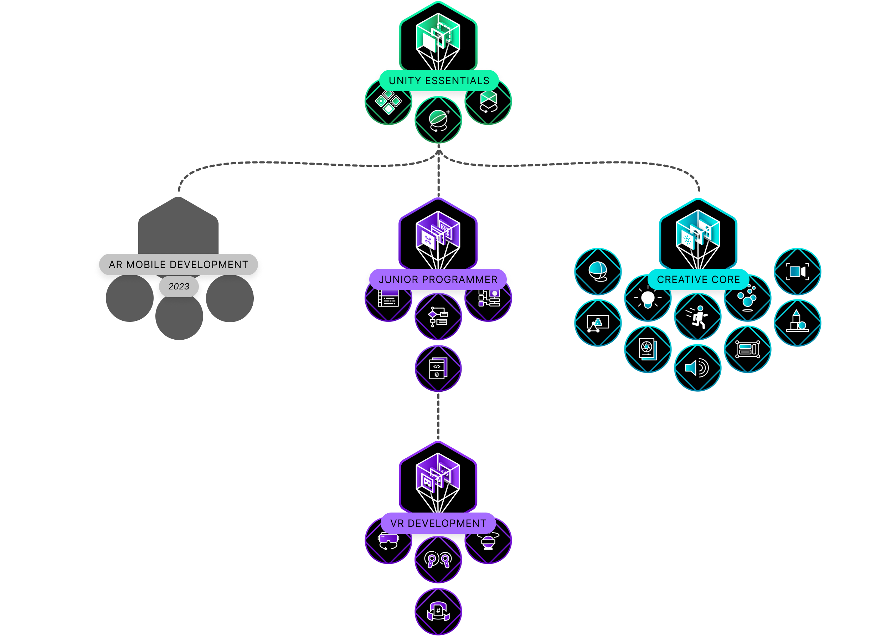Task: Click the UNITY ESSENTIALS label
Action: (439, 81)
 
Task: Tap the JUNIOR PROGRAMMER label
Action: (438, 279)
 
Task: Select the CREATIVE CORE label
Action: (698, 279)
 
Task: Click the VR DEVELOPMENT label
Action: (438, 523)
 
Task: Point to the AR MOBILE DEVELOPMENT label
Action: (178, 264)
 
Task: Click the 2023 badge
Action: (179, 286)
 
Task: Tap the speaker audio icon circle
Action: (698, 367)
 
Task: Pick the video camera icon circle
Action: (797, 271)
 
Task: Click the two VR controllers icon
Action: (438, 560)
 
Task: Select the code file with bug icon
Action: (438, 368)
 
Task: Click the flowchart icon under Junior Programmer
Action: (438, 317)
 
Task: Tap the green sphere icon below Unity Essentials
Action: (438, 120)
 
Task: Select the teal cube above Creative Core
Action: (698, 235)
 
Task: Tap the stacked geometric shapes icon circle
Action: (797, 323)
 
